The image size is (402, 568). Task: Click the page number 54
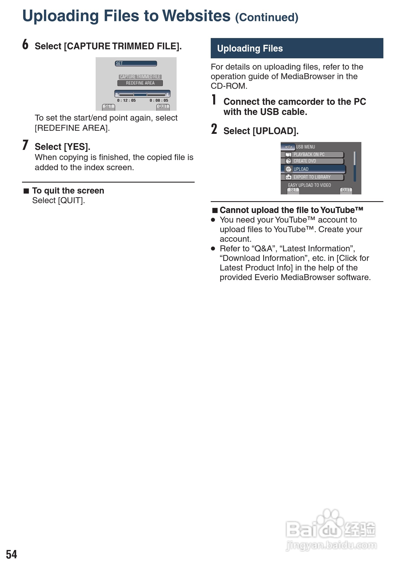[x=12, y=554]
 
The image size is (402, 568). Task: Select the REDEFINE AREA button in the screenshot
[x=140, y=83]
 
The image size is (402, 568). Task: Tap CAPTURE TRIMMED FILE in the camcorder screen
[x=140, y=77]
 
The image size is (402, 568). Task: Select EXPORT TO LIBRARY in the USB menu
[x=312, y=177]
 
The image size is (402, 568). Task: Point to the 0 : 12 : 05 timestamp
[x=126, y=100]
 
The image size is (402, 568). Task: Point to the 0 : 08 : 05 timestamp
[x=159, y=100]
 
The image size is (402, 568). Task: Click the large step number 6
[x=25, y=45]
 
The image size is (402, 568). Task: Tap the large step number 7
[x=25, y=145]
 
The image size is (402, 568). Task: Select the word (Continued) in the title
[x=267, y=17]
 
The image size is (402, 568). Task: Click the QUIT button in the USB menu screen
[x=346, y=190]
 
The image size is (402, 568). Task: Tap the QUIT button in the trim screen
[x=163, y=106]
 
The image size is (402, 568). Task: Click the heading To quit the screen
[x=68, y=191]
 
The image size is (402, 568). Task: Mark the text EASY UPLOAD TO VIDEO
[x=309, y=185]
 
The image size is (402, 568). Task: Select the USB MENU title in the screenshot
[x=305, y=147]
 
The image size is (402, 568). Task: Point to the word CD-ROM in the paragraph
[x=229, y=86]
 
